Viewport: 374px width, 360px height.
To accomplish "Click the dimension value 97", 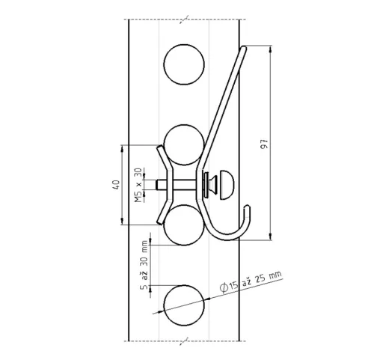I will pos(265,144).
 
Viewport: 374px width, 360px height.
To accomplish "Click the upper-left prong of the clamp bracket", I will pos(157,148).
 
